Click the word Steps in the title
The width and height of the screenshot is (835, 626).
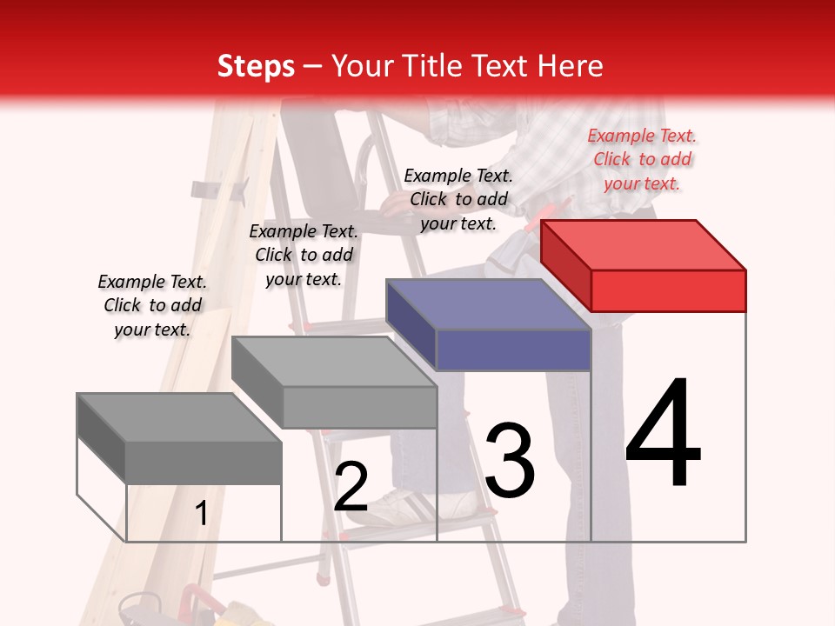tap(256, 66)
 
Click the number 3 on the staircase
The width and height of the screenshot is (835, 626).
tap(510, 462)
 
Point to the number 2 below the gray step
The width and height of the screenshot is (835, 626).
tap(351, 487)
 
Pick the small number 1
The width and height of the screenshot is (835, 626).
tap(201, 514)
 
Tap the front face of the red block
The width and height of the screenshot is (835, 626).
tap(668, 290)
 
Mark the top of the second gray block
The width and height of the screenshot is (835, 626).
tap(335, 361)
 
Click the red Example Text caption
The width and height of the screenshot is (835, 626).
tap(642, 159)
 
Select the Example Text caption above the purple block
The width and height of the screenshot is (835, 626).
tap(458, 199)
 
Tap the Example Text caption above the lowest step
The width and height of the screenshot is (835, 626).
tap(152, 305)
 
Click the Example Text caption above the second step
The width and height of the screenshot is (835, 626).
tap(304, 255)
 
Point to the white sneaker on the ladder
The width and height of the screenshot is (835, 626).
tap(435, 502)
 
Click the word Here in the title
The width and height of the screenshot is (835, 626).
tap(572, 66)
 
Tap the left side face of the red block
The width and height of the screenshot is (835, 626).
tap(565, 264)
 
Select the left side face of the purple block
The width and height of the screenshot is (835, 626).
tap(411, 323)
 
